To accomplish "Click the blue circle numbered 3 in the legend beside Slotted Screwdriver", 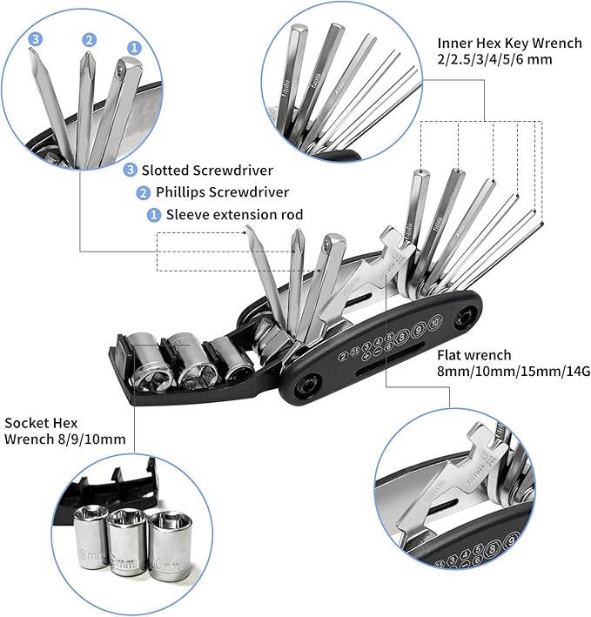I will coord(131,170).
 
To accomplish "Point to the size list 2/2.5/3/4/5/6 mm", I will coord(493,61).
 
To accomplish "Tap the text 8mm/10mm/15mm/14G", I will coord(503,372).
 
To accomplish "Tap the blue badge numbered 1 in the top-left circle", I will coord(134,47).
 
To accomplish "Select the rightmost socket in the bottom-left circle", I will coord(165,550).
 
